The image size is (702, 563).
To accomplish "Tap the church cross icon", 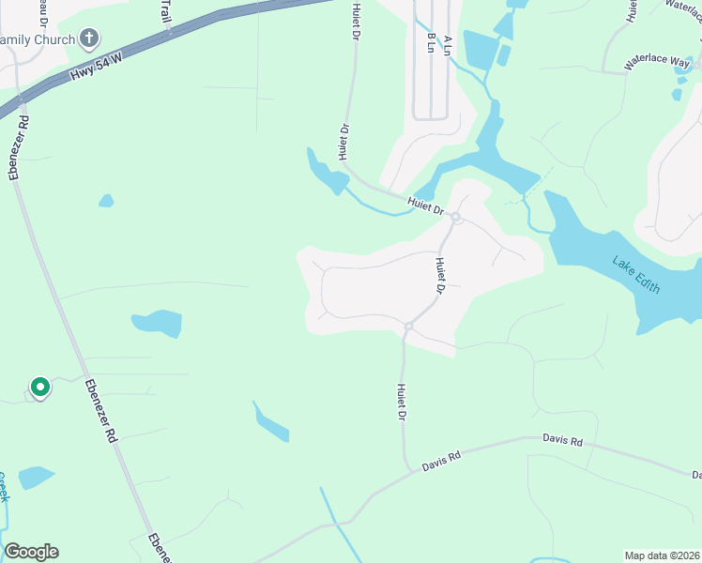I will (90, 38).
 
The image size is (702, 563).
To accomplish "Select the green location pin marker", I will (39, 387).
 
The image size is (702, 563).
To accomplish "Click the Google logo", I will (31, 552).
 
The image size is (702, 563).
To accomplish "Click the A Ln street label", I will (447, 43).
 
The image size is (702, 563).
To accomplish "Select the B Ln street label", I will (432, 43).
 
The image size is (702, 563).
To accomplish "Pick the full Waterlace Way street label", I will (658, 61).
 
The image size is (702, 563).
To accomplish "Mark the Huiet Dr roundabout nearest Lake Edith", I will (454, 218).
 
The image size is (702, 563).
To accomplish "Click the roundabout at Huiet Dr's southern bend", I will (409, 327).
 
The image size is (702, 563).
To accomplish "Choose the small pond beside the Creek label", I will (36, 477).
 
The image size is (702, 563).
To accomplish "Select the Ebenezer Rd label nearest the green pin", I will (101, 410).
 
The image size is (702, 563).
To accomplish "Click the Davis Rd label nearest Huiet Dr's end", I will (442, 460).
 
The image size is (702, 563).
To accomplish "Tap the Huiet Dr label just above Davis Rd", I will (402, 402).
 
